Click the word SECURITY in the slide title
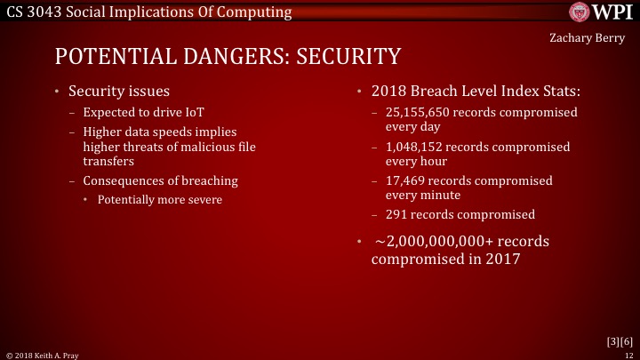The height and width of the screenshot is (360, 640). coord(348,58)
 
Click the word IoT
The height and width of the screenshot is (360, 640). coord(208,113)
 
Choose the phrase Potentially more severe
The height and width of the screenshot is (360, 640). coord(160,199)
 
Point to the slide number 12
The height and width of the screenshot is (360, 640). coord(628,354)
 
